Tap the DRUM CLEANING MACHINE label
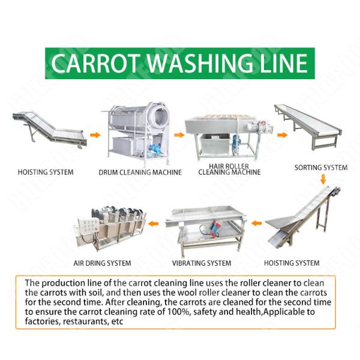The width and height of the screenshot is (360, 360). tap(140, 172)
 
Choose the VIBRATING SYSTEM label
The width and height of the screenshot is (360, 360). tap(202, 263)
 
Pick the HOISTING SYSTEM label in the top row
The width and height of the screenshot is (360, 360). tap(46, 172)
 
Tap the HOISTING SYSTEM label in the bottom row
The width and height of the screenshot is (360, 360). tap(292, 263)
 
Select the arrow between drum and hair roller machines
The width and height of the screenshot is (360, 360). tap(178, 134)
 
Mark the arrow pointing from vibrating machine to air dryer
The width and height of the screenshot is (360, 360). tap(154, 224)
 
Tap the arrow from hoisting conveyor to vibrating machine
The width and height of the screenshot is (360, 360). tap(257, 224)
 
